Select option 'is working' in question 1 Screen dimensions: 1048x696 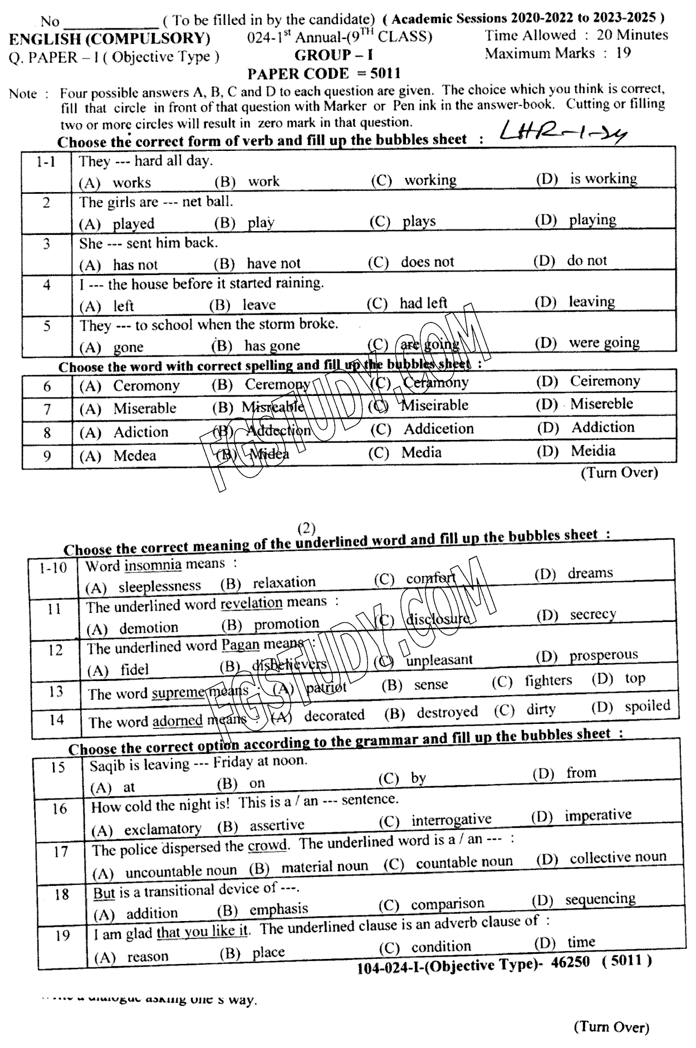pyautogui.click(x=603, y=179)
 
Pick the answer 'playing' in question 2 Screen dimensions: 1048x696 pyautogui.click(x=592, y=220)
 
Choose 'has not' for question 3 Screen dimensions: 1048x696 pyautogui.click(x=135, y=265)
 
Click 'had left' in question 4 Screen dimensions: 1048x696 pyautogui.click(x=423, y=303)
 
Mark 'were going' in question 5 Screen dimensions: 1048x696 pyautogui.click(x=604, y=342)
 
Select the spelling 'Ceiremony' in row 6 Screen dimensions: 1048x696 pyautogui.click(x=605, y=381)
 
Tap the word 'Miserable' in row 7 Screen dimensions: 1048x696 pyautogui.click(x=145, y=409)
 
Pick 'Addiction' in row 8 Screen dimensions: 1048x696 pyautogui.click(x=602, y=428)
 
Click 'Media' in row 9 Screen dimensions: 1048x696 pyautogui.click(x=421, y=452)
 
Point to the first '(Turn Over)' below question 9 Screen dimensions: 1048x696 pyautogui.click(x=619, y=473)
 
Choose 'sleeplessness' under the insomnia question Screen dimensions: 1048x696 pyautogui.click(x=159, y=586)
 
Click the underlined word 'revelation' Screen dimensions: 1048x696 pyautogui.click(x=251, y=603)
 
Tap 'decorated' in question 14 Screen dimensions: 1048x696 pyautogui.click(x=334, y=715)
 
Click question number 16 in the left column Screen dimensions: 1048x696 pyautogui.click(x=60, y=809)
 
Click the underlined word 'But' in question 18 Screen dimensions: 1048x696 pyautogui.click(x=104, y=893)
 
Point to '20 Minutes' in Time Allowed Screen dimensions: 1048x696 pyautogui.click(x=632, y=35)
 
